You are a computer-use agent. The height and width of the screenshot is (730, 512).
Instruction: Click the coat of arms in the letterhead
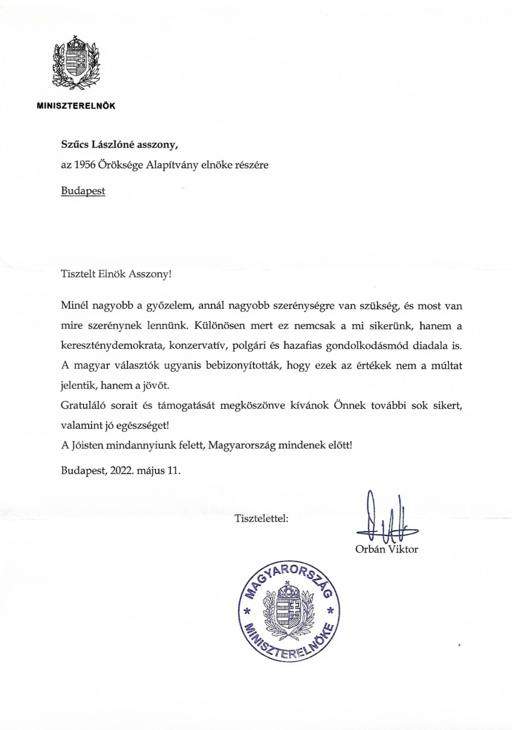pyautogui.click(x=76, y=63)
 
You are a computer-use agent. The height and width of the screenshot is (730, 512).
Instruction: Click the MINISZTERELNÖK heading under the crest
pyautogui.click(x=76, y=106)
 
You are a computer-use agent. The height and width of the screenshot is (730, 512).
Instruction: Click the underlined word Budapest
pyautogui.click(x=83, y=190)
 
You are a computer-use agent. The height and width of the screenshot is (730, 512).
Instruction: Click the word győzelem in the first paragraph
pyautogui.click(x=166, y=305)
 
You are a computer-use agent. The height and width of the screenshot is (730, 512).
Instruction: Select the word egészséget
pyautogui.click(x=143, y=425)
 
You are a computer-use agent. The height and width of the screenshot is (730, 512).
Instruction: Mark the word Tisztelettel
pyautogui.click(x=261, y=519)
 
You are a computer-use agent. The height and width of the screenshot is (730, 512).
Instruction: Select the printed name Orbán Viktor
pyautogui.click(x=386, y=549)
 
